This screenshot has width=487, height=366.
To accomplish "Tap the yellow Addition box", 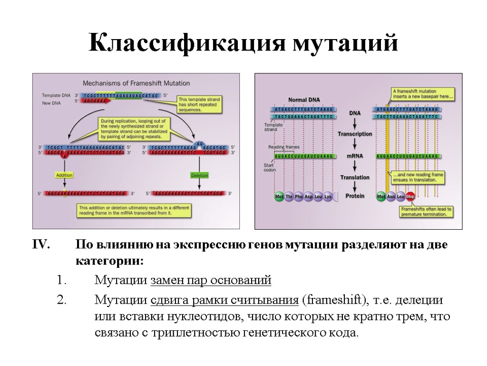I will [64, 175].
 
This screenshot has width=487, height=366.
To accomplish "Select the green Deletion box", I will [199, 175].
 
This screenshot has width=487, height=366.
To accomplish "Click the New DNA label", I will [52, 102].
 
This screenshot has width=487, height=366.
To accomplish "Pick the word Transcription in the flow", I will [355, 134].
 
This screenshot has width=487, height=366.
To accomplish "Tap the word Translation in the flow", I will [355, 177].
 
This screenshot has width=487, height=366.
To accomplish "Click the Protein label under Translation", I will [355, 196].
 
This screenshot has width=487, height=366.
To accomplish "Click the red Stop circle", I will [409, 196].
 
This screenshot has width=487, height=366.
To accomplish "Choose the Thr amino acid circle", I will [289, 196].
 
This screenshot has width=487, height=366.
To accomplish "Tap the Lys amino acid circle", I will [328, 196].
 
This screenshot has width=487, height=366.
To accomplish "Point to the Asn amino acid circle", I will [390, 196].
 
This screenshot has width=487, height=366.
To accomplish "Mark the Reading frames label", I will [284, 147].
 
